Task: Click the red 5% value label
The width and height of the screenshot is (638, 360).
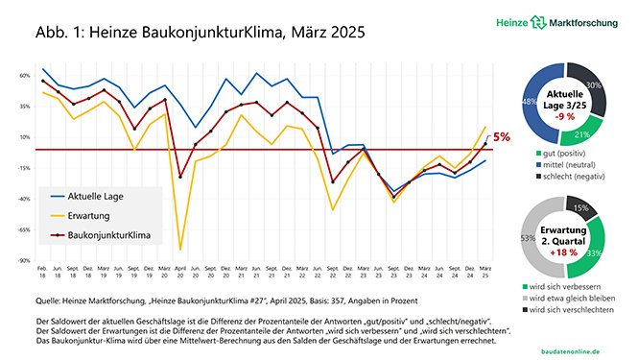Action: [x=501, y=137]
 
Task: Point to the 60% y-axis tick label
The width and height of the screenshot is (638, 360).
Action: [x=26, y=74]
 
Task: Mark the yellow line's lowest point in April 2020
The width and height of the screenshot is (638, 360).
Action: [x=180, y=250]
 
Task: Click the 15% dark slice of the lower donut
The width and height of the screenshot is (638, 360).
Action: [x=579, y=207]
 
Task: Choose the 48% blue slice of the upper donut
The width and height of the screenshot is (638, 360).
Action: [x=527, y=100]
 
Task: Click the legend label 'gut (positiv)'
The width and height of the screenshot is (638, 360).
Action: [x=563, y=153]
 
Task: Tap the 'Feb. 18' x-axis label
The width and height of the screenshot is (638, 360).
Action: [x=43, y=274]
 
